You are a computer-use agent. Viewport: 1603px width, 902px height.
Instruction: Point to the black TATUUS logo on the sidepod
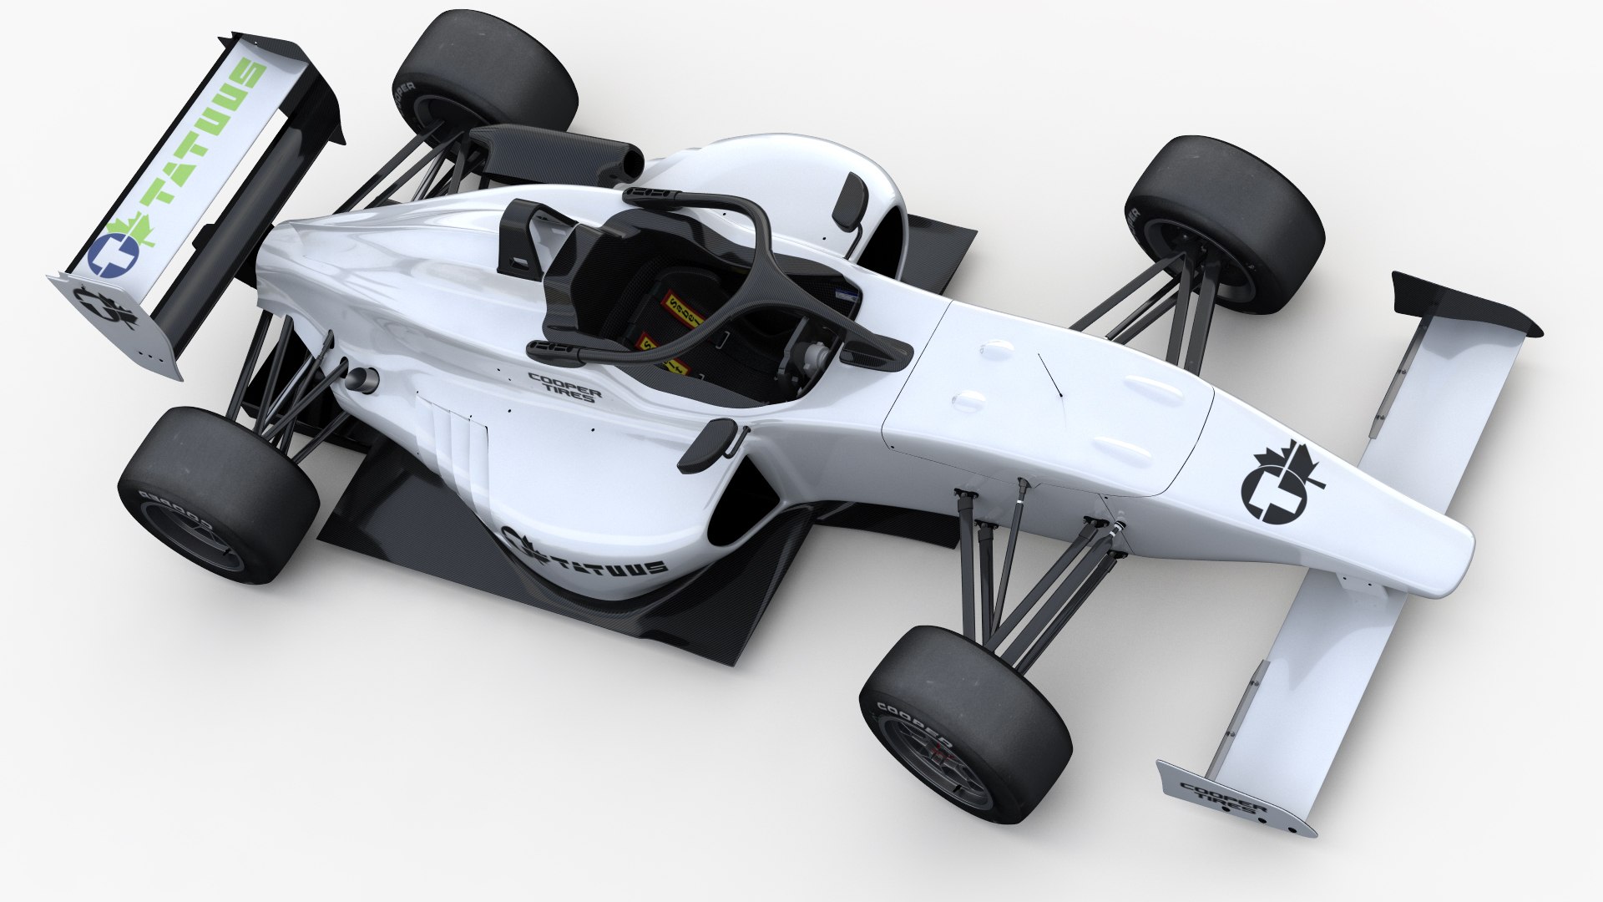click(584, 554)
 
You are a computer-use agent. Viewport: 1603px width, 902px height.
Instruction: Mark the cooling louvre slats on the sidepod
click(455, 443)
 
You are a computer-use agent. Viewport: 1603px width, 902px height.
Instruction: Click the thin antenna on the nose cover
click(1049, 373)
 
